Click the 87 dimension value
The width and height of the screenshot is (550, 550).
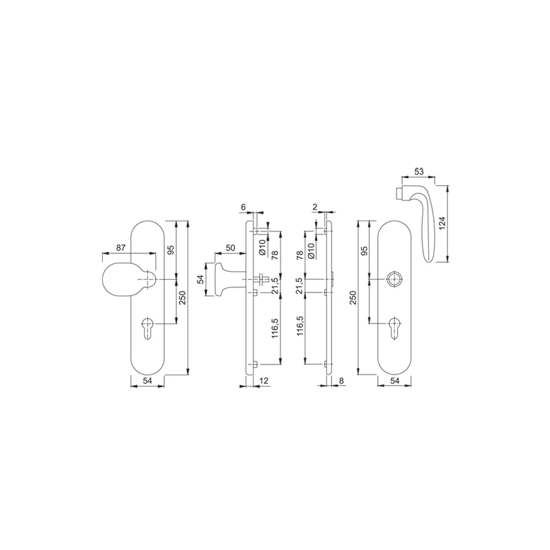click(121, 248)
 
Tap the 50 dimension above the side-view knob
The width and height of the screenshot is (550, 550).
click(230, 248)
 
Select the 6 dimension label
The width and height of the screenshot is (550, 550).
click(243, 207)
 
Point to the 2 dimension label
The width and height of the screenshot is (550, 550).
click(315, 207)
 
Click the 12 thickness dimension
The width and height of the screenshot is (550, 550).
click(264, 381)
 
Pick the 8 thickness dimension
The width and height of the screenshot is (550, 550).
click(342, 381)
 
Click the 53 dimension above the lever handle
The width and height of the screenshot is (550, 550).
click(419, 171)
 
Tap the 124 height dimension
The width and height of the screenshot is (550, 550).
click(442, 223)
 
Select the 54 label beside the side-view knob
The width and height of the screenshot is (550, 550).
click(200, 279)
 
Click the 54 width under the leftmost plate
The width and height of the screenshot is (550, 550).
click(148, 381)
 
